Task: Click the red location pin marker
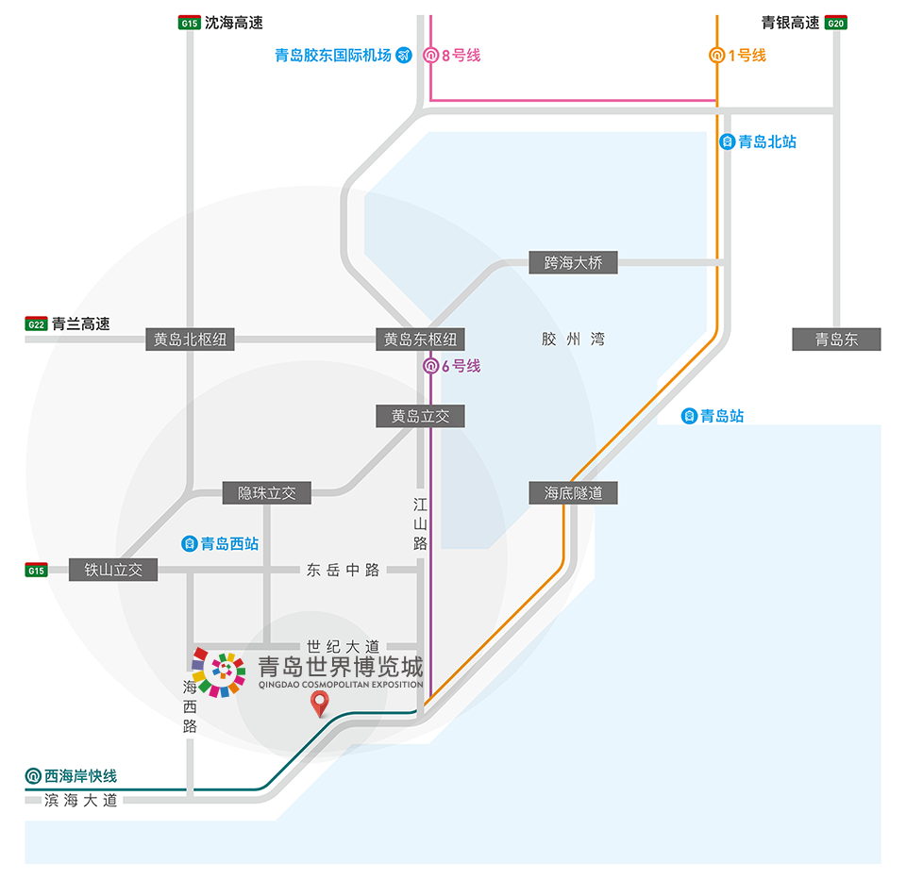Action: pyautogui.click(x=321, y=703)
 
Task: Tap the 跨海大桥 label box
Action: pyautogui.click(x=573, y=262)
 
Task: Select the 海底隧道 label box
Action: pyautogui.click(x=573, y=492)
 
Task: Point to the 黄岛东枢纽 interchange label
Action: pyautogui.click(x=420, y=340)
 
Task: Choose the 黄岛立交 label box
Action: pyautogui.click(x=420, y=416)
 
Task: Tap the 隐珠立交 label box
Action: pyautogui.click(x=267, y=492)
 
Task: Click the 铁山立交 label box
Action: pyautogui.click(x=113, y=570)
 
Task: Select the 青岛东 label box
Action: pyautogui.click(x=836, y=340)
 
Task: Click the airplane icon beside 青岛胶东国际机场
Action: pyautogui.click(x=405, y=55)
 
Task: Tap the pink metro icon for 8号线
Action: pyautogui.click(x=430, y=55)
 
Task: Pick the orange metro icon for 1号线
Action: pyautogui.click(x=717, y=55)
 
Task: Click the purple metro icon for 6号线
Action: pyautogui.click(x=430, y=366)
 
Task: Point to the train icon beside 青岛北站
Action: pyautogui.click(x=728, y=142)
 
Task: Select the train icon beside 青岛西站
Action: pyautogui.click(x=189, y=543)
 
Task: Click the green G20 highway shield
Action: pyautogui.click(x=835, y=23)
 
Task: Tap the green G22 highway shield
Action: pyautogui.click(x=36, y=324)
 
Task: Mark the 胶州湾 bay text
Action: pyautogui.click(x=573, y=340)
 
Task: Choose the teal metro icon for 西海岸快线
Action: pyautogui.click(x=34, y=776)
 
